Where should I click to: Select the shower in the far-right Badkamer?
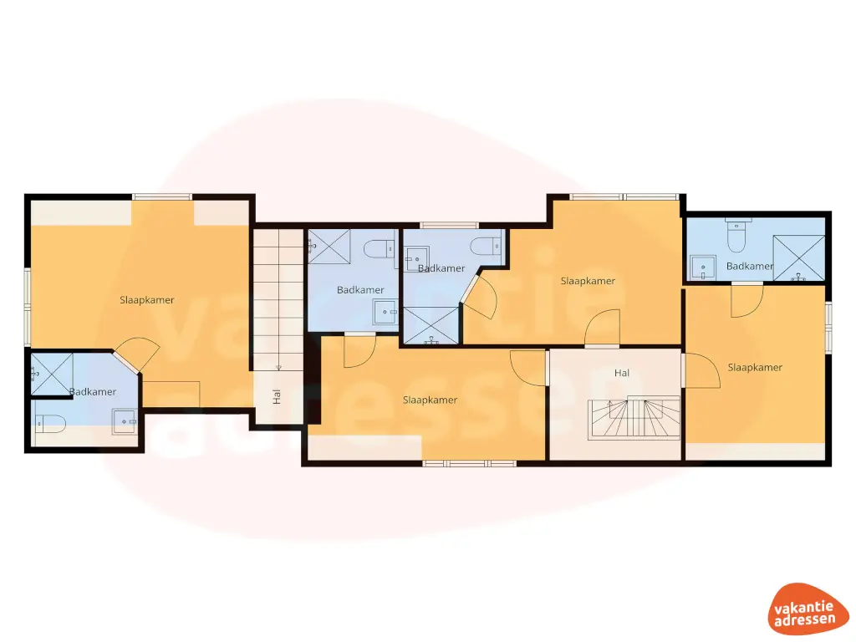tap(798, 256)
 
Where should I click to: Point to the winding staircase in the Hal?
tap(635, 419)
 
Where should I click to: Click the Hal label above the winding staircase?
tap(621, 373)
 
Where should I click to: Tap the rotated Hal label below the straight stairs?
tap(277, 397)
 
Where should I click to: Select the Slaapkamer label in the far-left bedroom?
tap(147, 299)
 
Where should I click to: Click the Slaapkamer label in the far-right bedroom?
tap(755, 367)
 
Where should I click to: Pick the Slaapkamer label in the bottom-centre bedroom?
tap(430, 400)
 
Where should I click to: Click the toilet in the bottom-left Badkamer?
tap(50, 423)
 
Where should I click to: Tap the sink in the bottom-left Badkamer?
tap(125, 420)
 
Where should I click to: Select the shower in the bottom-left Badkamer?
tap(51, 372)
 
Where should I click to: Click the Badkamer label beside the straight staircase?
tap(360, 290)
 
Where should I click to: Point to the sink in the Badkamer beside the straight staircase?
tap(385, 311)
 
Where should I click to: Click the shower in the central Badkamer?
tap(431, 325)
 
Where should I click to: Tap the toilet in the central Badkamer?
tap(485, 246)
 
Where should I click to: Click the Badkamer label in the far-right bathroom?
tap(750, 266)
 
